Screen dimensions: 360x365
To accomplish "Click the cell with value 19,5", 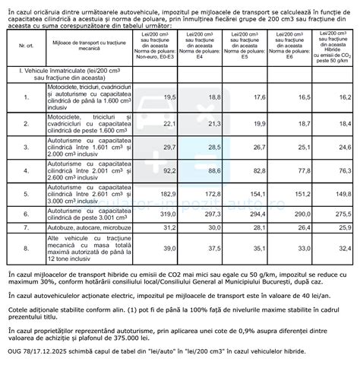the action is point(169,98).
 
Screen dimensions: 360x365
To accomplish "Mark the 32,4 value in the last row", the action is point(343,247).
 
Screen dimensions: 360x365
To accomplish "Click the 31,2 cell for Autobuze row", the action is point(169,227).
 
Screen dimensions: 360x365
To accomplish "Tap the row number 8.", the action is point(28,247).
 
